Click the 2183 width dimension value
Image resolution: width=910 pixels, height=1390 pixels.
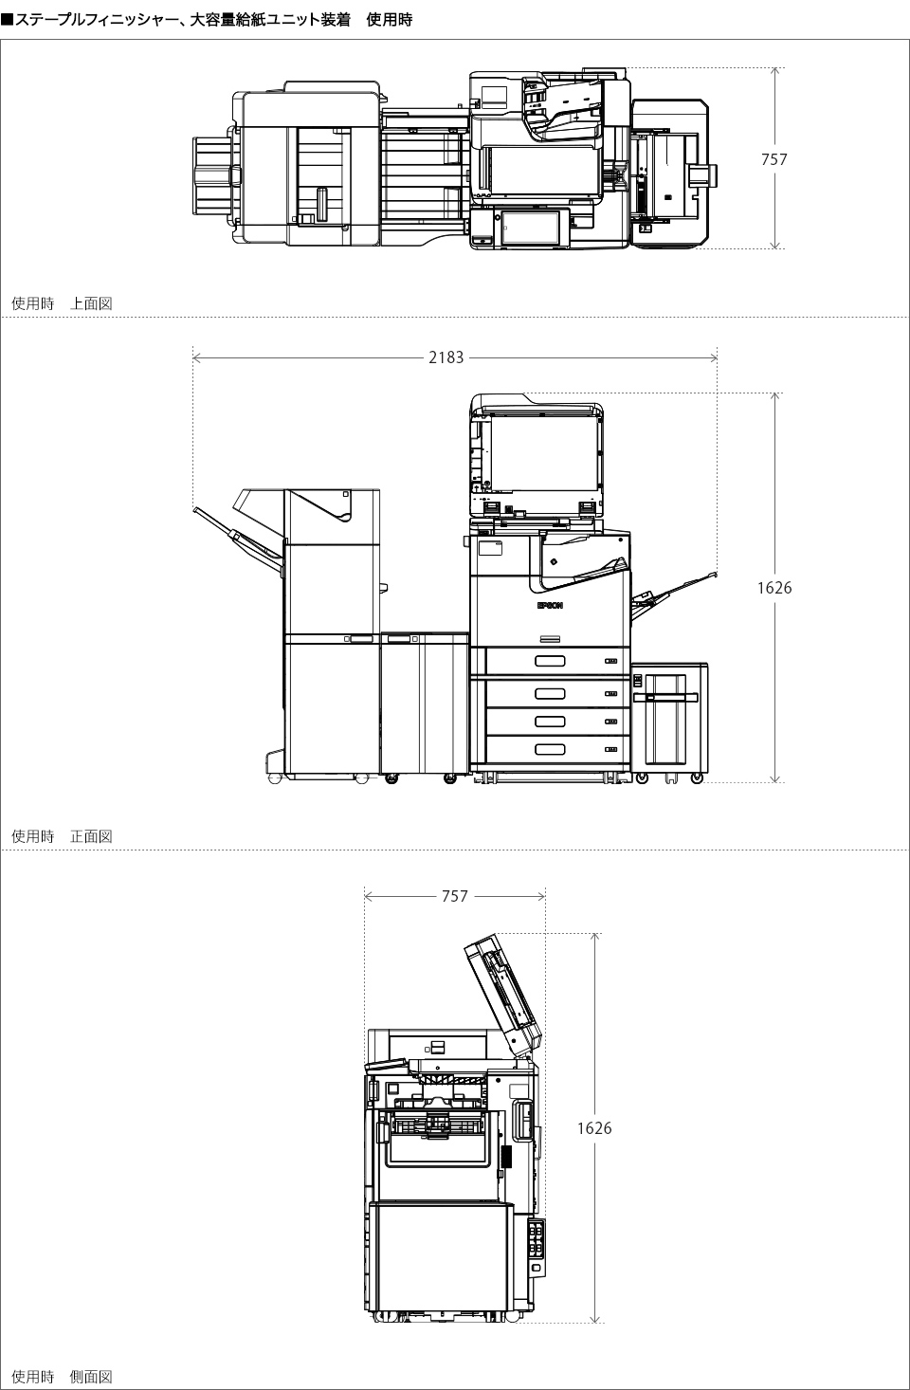pos(446,357)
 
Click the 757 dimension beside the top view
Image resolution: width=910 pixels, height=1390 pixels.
pos(774,159)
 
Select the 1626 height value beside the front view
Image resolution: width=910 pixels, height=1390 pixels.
pos(774,588)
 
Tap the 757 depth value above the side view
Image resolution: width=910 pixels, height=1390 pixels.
pos(455,896)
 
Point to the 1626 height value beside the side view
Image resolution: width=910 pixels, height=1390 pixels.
pos(594,1128)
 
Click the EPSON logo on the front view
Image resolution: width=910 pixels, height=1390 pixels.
pos(550,605)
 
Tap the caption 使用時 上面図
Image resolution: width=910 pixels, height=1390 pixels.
pos(62,303)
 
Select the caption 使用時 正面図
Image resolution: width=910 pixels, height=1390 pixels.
pos(62,836)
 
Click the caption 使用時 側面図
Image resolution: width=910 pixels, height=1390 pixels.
pos(62,1377)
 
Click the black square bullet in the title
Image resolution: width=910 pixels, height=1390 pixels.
pos(7,20)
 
